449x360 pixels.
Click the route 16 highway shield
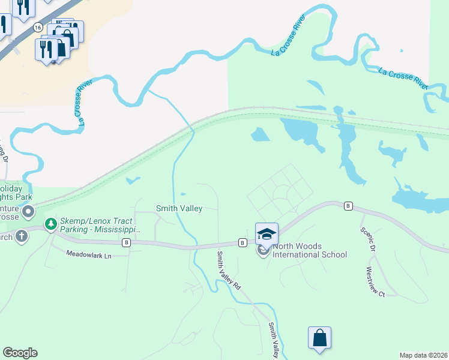pos(38,28)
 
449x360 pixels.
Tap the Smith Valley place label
pos(179,208)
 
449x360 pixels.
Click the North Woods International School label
pos(310,250)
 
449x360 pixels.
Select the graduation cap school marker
pos(267,234)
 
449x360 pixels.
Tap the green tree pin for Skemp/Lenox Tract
pos(51,224)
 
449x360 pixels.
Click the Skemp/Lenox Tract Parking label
pos(100,225)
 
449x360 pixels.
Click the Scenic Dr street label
pos(368,238)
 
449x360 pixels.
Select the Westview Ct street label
pos(370,281)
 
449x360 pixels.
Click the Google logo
pos(20,353)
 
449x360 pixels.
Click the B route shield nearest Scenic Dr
pos(348,206)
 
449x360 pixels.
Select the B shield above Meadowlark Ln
pos(126,242)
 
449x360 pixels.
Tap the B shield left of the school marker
pos(242,242)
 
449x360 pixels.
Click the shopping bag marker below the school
pos(320,338)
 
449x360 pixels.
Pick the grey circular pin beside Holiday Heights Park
pos(28,212)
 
